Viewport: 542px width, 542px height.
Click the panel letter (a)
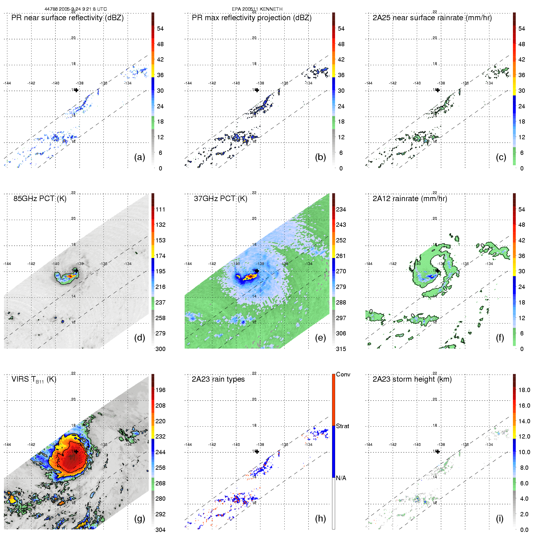(140, 157)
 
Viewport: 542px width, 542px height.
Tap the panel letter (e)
(320, 338)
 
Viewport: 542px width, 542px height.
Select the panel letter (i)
(500, 518)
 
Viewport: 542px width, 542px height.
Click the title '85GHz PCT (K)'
(40, 199)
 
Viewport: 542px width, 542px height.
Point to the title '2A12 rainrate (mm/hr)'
(410, 199)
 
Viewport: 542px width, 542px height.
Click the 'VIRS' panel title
(34, 379)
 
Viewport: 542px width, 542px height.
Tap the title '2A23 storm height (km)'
(412, 379)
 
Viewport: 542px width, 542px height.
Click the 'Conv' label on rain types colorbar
(343, 374)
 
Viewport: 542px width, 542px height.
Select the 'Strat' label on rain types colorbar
(342, 426)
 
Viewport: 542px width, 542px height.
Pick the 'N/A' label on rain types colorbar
(341, 478)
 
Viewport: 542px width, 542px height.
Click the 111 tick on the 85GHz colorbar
(160, 209)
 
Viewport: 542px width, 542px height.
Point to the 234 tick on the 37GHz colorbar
(341, 209)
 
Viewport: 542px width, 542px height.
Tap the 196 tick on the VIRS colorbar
(160, 390)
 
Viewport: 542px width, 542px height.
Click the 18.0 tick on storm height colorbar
(524, 390)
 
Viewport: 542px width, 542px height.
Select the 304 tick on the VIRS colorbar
(160, 530)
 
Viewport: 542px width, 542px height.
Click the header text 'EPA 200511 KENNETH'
(257, 9)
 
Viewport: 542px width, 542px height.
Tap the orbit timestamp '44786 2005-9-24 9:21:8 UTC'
(76, 9)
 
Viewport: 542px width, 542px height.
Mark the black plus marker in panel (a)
(76, 90)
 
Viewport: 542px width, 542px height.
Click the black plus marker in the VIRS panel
(76, 451)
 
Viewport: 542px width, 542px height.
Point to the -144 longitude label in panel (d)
(7, 264)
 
